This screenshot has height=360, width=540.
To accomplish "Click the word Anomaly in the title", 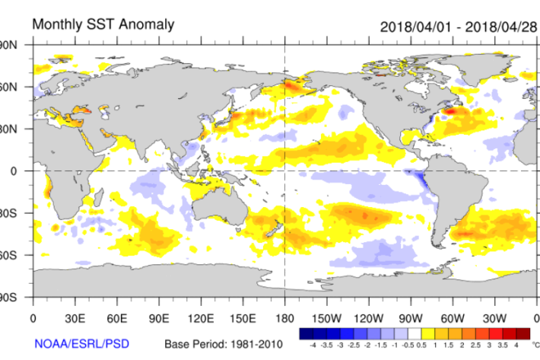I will pyautogui.click(x=147, y=24).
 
